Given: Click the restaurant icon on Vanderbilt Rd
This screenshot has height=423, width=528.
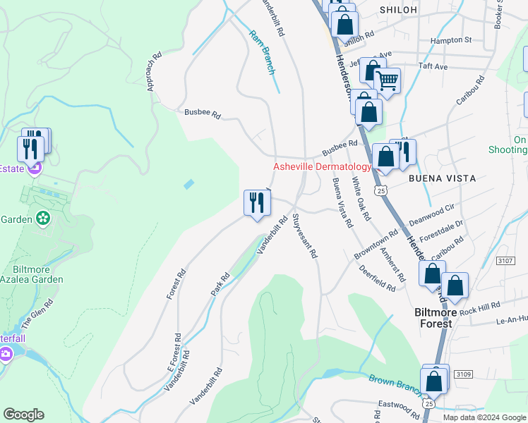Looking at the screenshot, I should click(257, 202).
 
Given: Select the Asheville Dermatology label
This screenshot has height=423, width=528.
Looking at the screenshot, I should click(322, 166).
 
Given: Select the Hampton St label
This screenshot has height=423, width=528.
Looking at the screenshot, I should click(452, 40).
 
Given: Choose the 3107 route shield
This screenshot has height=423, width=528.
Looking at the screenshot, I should click(505, 260).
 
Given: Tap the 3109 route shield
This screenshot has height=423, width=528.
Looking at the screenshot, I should click(462, 374).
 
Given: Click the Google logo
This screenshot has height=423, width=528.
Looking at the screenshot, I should click(23, 415).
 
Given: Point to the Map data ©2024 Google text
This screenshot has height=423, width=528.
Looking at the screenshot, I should click(484, 417).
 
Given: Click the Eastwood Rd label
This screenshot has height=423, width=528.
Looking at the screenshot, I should click(398, 406).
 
